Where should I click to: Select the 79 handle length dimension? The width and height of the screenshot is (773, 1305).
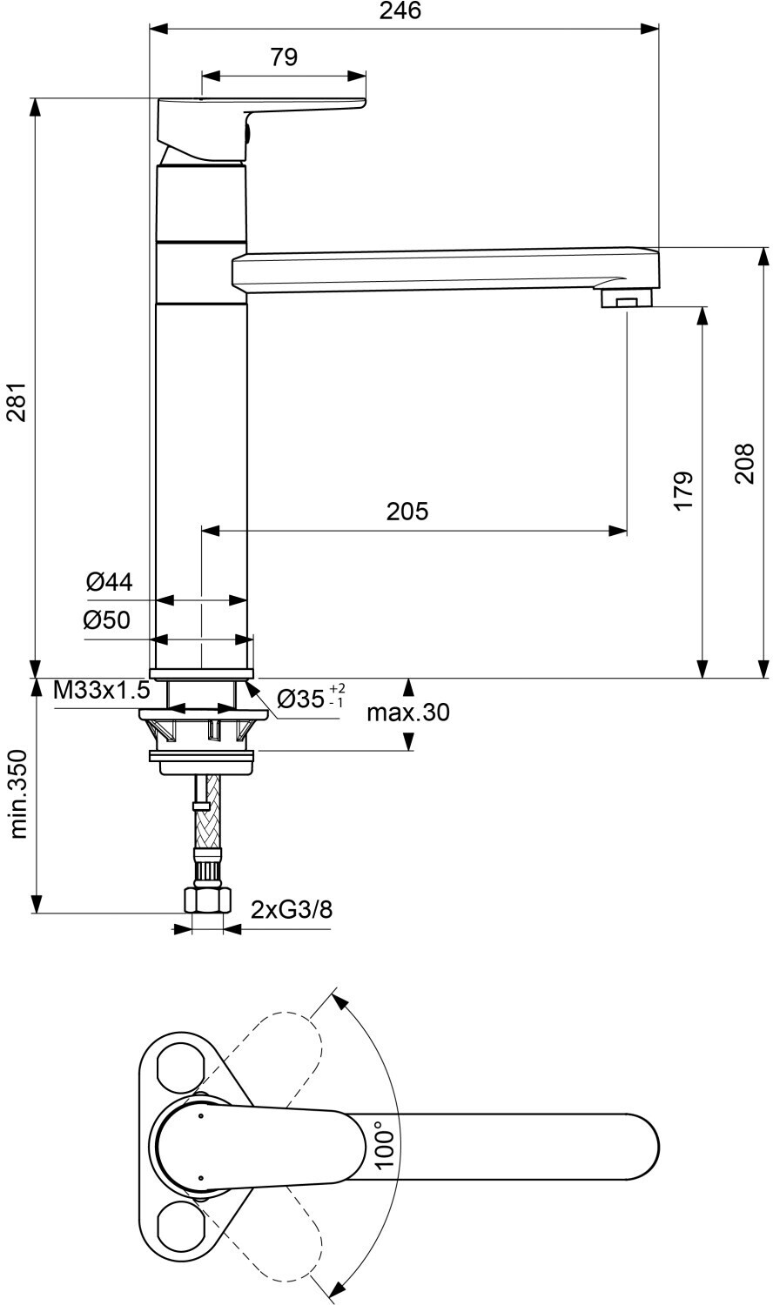click(x=284, y=57)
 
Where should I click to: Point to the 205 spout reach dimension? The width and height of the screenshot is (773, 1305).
click(x=407, y=511)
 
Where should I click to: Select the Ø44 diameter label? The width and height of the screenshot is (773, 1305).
click(x=110, y=581)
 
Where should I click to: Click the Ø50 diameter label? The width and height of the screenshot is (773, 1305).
click(x=107, y=620)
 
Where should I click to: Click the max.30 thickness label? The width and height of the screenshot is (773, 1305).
click(x=407, y=713)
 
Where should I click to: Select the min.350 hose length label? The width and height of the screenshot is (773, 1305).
click(x=19, y=794)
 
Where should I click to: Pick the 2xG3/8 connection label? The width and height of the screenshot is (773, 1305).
click(x=291, y=910)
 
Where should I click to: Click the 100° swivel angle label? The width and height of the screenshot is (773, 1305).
click(x=385, y=1143)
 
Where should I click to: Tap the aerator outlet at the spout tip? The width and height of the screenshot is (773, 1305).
click(x=627, y=301)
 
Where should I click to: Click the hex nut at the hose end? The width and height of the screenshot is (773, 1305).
click(x=206, y=899)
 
